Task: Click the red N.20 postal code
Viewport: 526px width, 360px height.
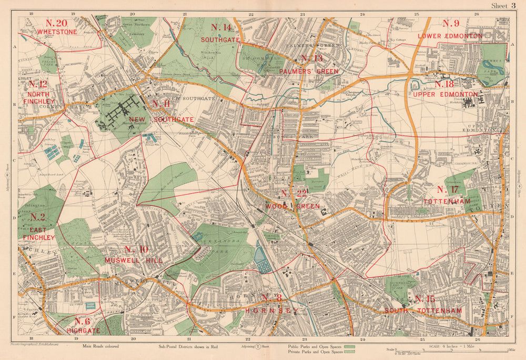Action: pos(56,23)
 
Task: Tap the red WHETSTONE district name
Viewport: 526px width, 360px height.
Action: pos(57,32)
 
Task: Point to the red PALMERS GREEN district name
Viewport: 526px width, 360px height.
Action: pos(309,71)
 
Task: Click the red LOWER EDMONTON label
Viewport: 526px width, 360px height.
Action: pos(450,36)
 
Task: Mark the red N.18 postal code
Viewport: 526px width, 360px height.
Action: pos(444,85)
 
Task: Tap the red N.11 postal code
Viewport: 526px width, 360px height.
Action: pos(160,104)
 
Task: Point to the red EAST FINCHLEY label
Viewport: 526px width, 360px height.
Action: pos(38,234)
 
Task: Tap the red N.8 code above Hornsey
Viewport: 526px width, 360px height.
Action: pos(272,299)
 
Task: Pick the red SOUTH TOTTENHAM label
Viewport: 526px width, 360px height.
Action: pos(423,311)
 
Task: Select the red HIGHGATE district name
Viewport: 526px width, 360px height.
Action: pos(83,331)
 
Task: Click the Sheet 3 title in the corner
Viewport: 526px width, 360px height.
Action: pos(503,6)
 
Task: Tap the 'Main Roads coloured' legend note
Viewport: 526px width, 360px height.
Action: pos(100,346)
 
